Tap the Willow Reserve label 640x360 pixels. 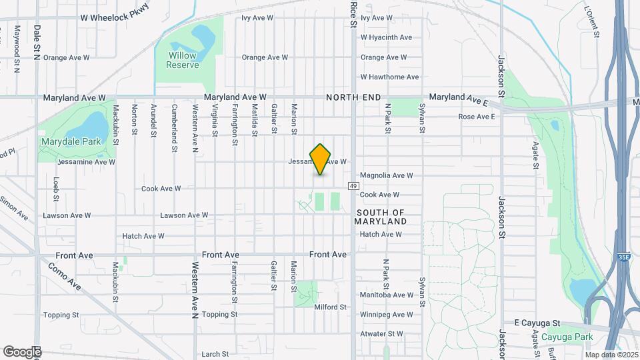pyautogui.click(x=182, y=60)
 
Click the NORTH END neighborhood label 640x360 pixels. pyautogui.click(x=353, y=97)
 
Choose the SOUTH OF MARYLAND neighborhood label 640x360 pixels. pyautogui.click(x=380, y=216)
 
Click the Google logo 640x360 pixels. pyautogui.click(x=22, y=351)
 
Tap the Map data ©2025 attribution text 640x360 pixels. pyautogui.click(x=611, y=355)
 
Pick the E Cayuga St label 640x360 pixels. pyautogui.click(x=540, y=323)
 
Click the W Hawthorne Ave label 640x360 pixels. pyautogui.click(x=389, y=77)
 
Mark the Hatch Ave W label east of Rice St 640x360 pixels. pyautogui.click(x=381, y=235)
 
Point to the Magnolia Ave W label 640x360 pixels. pyautogui.click(x=387, y=176)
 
